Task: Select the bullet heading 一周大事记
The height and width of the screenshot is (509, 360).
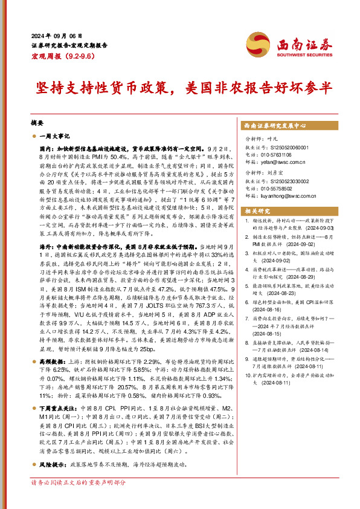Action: click(55, 137)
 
